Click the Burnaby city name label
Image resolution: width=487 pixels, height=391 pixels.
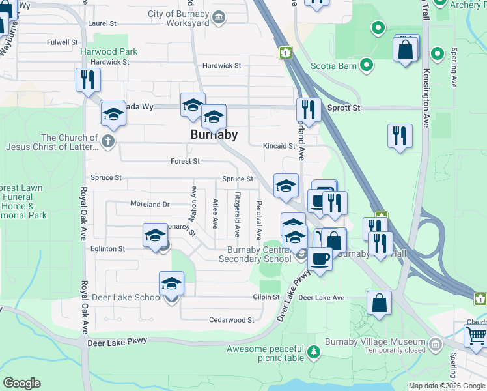click(214, 135)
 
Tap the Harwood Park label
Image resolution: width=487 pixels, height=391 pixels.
click(109, 51)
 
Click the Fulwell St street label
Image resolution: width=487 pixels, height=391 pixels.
click(63, 42)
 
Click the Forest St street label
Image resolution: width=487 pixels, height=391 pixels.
click(185, 161)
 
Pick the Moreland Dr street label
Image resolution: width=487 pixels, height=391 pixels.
click(149, 204)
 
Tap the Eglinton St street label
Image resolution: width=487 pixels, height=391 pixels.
click(108, 249)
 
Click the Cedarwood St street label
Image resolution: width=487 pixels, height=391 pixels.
click(231, 320)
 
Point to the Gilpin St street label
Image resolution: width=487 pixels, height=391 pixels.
click(266, 297)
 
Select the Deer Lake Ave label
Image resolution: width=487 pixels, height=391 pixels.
click(321, 297)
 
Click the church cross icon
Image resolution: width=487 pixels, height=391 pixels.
click(108, 141)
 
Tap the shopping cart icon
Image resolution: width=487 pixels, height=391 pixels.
click(476, 337)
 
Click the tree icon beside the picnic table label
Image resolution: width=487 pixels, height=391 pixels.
click(314, 353)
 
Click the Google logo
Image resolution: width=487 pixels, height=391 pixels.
click(21, 383)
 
